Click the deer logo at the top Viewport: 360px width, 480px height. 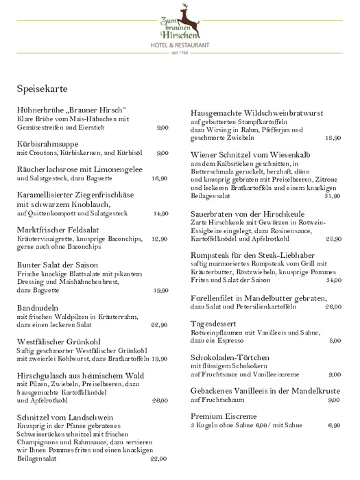click(x=183, y=13)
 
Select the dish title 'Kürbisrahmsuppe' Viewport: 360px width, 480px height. click(x=47, y=144)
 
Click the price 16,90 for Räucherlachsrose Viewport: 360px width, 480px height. click(x=159, y=178)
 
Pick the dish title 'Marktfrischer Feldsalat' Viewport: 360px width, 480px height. click(x=57, y=230)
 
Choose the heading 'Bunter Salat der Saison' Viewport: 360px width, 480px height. click(x=57, y=265)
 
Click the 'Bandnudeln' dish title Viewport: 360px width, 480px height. click(x=38, y=308)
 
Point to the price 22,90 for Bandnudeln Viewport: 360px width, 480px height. click(x=159, y=325)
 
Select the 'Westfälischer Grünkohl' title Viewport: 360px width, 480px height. click(x=60, y=341)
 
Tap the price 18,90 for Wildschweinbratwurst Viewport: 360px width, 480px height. click(x=333, y=138)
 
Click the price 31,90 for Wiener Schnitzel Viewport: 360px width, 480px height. click(x=333, y=196)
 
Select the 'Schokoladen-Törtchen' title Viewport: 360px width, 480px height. click(x=234, y=357)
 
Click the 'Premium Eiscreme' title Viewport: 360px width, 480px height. click(x=224, y=416)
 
